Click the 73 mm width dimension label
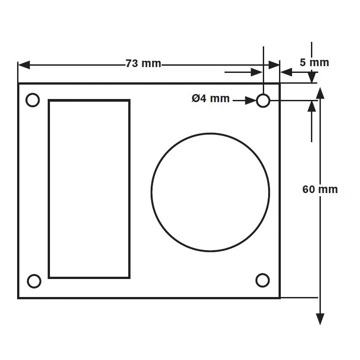click(143, 64)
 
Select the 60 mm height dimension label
click(319, 189)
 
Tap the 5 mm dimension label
click(314, 63)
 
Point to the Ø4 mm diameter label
click(210, 99)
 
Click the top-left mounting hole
click(33, 100)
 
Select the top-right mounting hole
click(263, 101)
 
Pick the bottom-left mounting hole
click(34, 281)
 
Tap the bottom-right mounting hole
click(262, 280)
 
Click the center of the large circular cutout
click(211, 192)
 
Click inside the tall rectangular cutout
click(89, 189)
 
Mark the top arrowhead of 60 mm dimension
click(320, 93)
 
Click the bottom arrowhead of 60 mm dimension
click(320, 319)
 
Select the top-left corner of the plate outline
click(18, 84)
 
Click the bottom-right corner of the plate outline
click(279, 297)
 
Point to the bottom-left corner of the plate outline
click(18, 297)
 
